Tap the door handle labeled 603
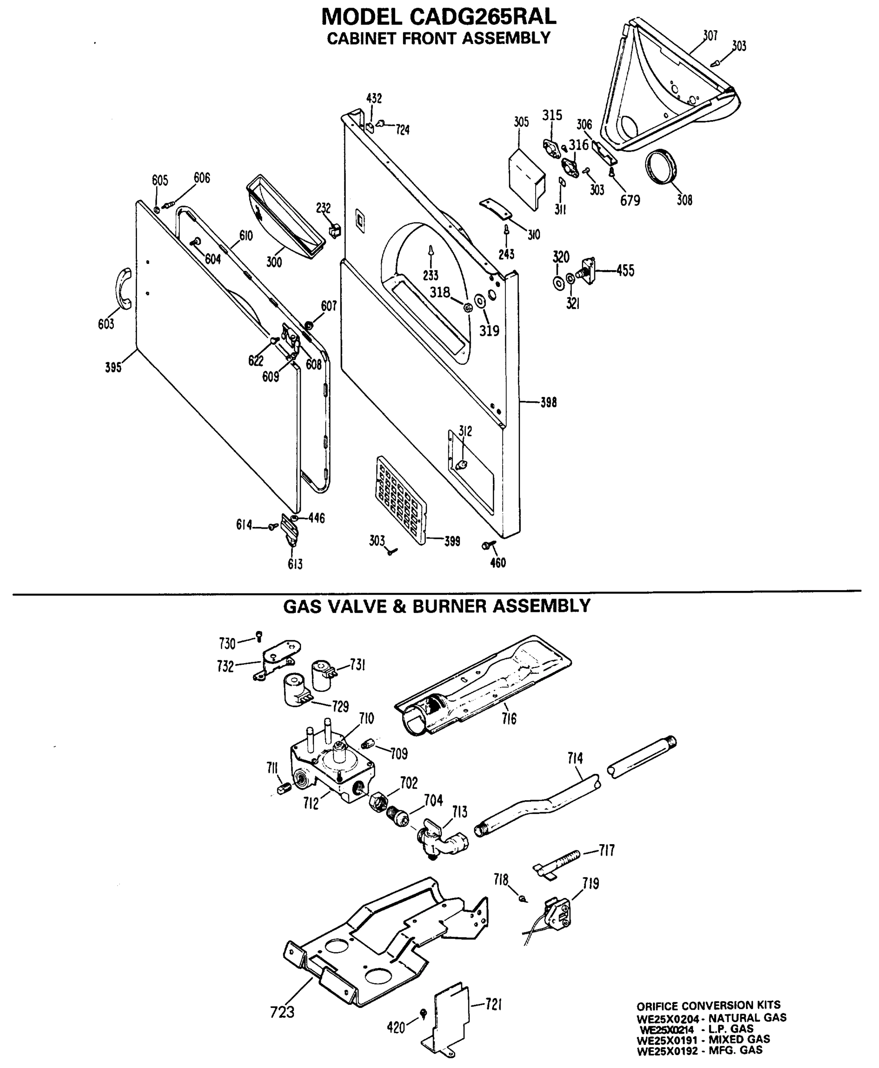point(124,288)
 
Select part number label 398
point(548,403)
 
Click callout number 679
point(630,201)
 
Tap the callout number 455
point(625,271)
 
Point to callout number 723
point(282,1012)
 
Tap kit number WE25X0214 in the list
point(667,1029)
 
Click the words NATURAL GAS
point(747,1017)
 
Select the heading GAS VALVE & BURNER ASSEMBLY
point(436,606)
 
